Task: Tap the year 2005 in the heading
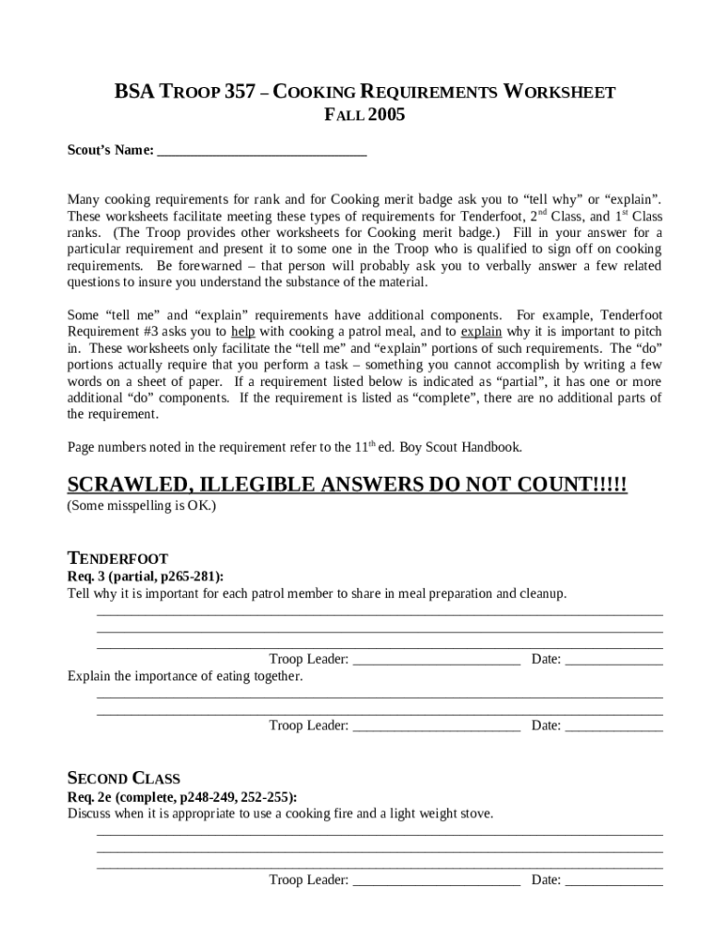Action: tap(386, 116)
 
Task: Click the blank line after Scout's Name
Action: tap(262, 151)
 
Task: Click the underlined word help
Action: tap(243, 331)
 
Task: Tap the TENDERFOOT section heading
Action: tap(118, 558)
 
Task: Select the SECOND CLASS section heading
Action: tap(123, 778)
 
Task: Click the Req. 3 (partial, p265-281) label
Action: tap(144, 576)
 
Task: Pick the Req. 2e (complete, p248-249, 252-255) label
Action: tap(181, 796)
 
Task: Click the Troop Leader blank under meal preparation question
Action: tap(436, 660)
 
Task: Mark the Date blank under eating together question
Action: tap(614, 726)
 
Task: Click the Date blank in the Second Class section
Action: tap(614, 880)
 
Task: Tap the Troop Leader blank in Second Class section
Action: tap(436, 880)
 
